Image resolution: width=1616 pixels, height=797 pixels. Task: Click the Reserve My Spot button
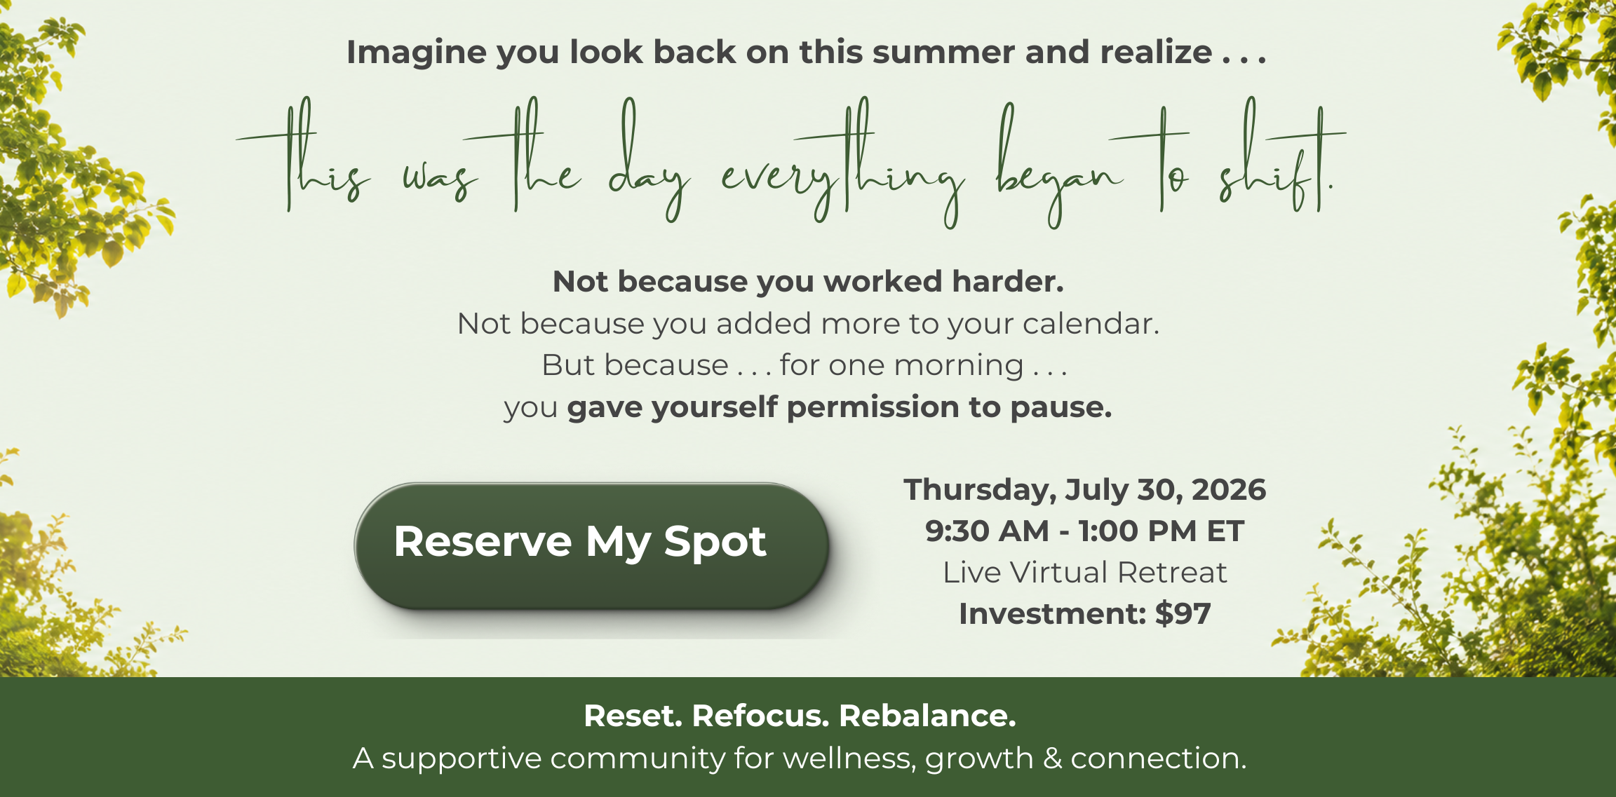(591, 545)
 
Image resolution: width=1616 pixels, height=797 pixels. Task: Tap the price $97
(1183, 614)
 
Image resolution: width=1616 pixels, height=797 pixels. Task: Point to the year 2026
(1229, 490)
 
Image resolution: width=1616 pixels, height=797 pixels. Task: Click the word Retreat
(1172, 573)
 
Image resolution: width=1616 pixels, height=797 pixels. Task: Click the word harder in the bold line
(1008, 282)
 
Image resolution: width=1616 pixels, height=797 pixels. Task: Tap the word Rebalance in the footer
(927, 716)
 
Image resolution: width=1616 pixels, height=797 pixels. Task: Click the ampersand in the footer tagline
(1052, 758)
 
